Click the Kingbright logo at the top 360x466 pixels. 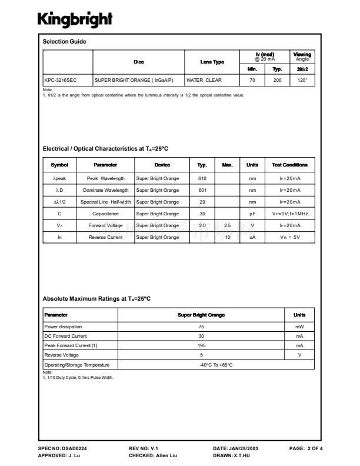pos(75,19)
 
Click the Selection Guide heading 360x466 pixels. pos(65,42)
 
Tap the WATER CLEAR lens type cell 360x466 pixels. pos(204,79)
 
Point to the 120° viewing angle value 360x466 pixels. pos(302,79)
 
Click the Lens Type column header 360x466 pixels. pos(212,62)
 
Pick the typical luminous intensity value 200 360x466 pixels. pos(278,79)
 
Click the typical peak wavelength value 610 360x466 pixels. pos(202,178)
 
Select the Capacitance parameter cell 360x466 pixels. pos(105,214)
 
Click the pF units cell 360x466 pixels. pos(252,214)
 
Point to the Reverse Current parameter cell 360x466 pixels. pos(105,237)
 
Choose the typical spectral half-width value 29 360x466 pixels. pos(202,202)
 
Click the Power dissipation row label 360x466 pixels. pos(64,327)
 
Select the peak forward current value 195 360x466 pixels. pos(201,345)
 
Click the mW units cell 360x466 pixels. pos(299,327)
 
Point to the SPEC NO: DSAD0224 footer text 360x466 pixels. pos(66,448)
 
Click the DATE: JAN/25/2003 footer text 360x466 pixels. pos(235,448)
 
